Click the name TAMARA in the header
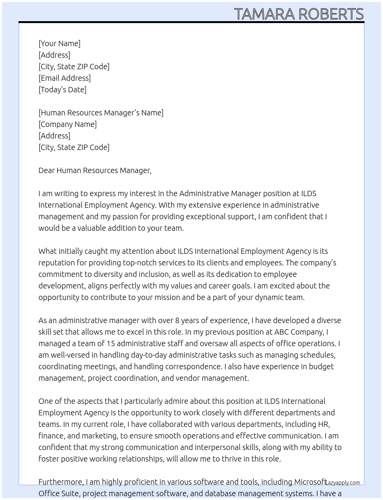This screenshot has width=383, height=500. [x=265, y=14]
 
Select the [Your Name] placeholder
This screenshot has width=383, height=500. [x=60, y=43]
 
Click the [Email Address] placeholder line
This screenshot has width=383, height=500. [x=65, y=78]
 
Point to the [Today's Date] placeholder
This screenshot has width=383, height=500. [x=62, y=90]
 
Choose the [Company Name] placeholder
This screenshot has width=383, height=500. [x=68, y=124]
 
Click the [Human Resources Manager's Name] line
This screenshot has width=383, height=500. [x=101, y=113]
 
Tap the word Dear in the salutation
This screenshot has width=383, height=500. [x=47, y=170]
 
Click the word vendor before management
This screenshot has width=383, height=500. [x=188, y=378]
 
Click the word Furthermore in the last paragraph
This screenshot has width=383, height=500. [x=61, y=482]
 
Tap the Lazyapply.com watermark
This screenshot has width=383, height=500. [x=343, y=483]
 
